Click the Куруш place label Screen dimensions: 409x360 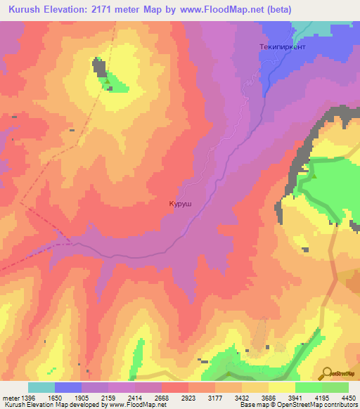181,204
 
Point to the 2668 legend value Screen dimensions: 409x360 162,397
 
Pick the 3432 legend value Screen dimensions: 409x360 243,397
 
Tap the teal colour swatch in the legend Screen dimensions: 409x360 41,387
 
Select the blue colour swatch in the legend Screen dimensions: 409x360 68,387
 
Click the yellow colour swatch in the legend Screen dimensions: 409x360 282,387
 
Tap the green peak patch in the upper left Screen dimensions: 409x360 116,84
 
